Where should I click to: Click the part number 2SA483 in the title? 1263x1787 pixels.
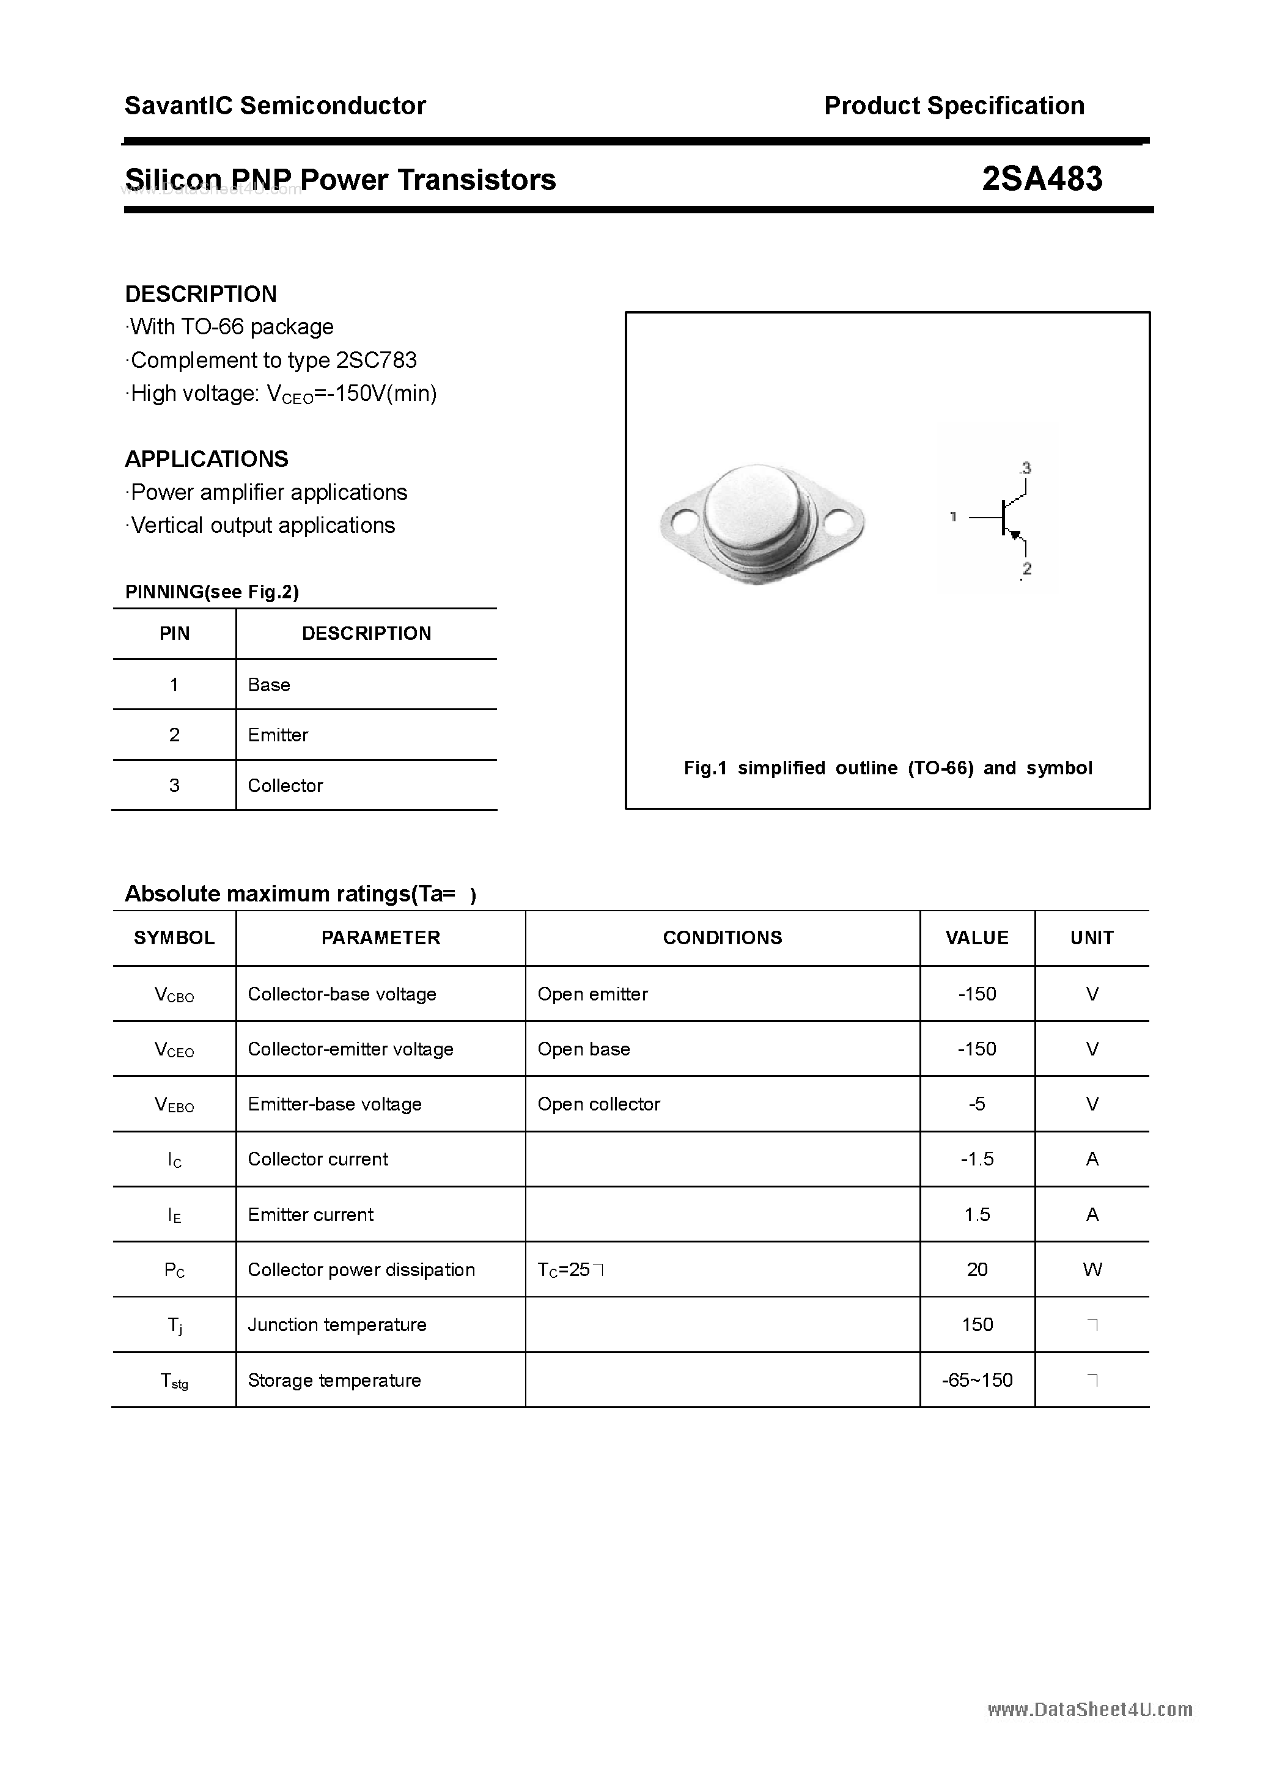coord(1041,179)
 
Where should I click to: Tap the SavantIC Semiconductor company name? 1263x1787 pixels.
coord(275,106)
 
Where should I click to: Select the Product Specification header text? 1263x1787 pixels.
coord(954,106)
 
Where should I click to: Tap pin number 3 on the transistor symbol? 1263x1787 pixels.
coord(1026,468)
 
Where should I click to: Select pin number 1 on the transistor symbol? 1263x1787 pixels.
coord(953,516)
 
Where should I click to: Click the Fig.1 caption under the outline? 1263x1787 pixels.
coord(888,768)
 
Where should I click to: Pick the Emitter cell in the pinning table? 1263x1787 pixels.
coord(278,735)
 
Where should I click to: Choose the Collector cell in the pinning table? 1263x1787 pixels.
coord(285,785)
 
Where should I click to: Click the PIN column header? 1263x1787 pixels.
coord(174,634)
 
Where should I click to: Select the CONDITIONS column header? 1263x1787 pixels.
coord(723,938)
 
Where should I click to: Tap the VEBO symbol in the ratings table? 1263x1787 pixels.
coord(174,1104)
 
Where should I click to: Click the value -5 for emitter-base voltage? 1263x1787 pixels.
coord(978,1104)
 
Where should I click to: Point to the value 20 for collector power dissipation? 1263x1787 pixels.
coord(978,1269)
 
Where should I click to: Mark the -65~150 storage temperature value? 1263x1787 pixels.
coord(978,1380)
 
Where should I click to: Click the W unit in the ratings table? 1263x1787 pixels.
coord(1092,1269)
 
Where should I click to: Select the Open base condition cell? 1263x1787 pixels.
coord(584,1049)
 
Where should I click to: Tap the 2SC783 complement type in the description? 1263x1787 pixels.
coord(376,361)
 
